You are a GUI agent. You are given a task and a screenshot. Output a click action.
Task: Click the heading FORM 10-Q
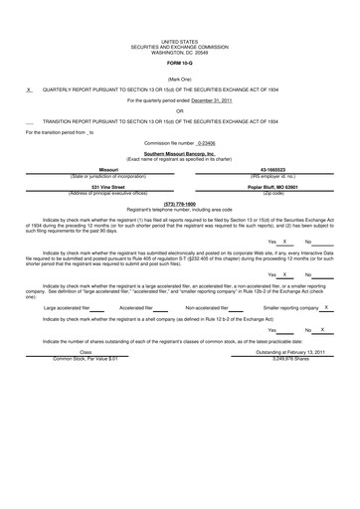(179, 63)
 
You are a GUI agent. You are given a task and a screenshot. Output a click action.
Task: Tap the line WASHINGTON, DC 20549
(179, 52)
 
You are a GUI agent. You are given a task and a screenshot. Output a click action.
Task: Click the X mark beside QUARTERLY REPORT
(29, 88)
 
